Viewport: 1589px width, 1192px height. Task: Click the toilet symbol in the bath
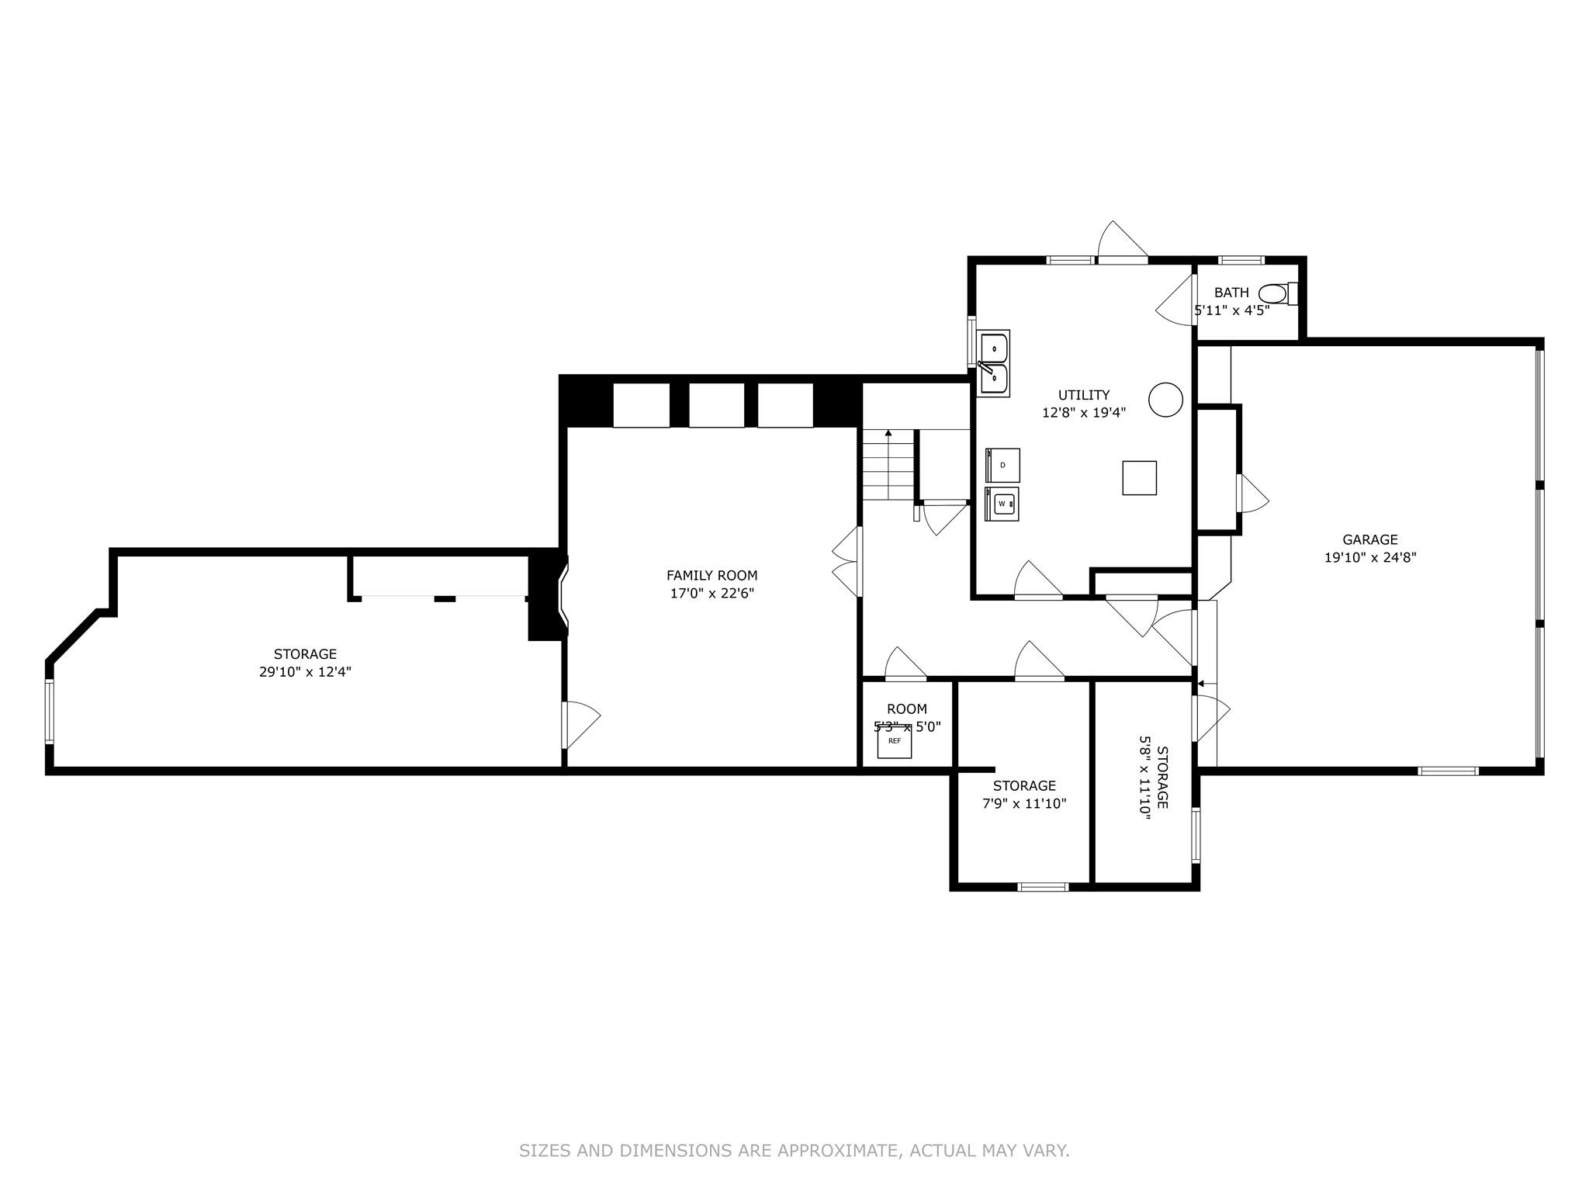click(1276, 294)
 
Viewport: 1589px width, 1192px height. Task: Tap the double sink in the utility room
click(994, 364)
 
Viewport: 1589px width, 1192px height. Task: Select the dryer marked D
click(1002, 465)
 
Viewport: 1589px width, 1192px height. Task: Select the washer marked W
click(1002, 504)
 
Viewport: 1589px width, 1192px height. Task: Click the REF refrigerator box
click(895, 741)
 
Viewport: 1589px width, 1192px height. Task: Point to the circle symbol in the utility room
click(1165, 400)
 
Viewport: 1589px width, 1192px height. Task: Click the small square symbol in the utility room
click(1139, 478)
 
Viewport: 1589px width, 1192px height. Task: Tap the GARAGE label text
click(1370, 539)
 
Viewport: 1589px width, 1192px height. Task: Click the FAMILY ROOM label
click(711, 575)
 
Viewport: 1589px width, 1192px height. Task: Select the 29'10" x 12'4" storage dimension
click(305, 672)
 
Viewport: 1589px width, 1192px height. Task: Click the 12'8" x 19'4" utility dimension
click(1083, 413)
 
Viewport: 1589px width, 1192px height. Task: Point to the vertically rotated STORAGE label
click(1162, 778)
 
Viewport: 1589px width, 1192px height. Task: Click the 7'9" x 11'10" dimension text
click(1024, 804)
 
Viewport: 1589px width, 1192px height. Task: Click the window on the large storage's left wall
click(50, 712)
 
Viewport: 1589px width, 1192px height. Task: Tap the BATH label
click(1231, 293)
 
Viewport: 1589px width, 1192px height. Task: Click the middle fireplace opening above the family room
click(716, 404)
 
